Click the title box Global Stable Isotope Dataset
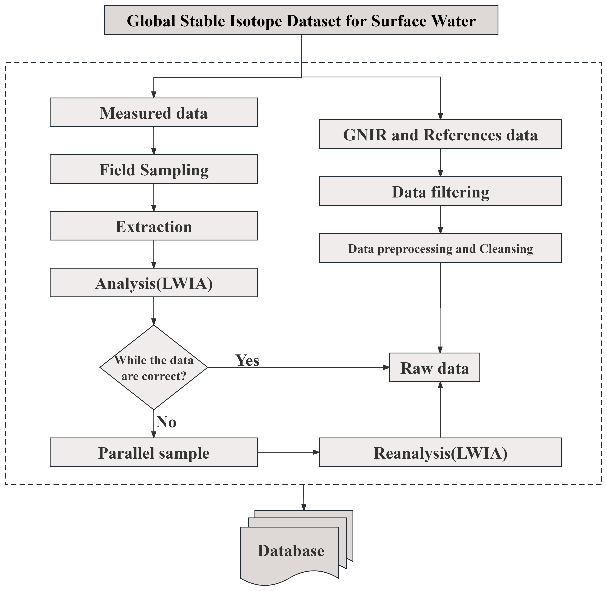coord(301,20)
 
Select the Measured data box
coord(154,112)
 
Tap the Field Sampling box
coord(154,169)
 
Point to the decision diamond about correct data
coord(154,368)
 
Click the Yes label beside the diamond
coord(247,360)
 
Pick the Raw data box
coord(435,368)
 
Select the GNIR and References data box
coord(440,134)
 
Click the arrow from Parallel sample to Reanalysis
coord(288,452)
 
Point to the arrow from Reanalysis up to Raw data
coord(440,410)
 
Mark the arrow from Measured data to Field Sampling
coord(154,141)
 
